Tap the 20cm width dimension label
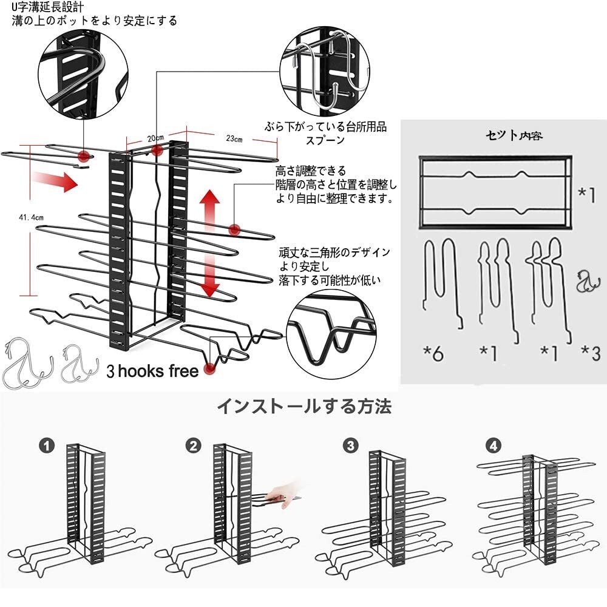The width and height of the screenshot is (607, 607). [155, 137]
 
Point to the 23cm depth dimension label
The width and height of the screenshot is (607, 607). [234, 139]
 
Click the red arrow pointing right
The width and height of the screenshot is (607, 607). [55, 180]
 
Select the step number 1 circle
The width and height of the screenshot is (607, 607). [48, 447]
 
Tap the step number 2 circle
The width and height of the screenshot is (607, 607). [194, 447]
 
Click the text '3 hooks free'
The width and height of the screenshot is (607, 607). [152, 370]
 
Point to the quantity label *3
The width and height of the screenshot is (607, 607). [590, 353]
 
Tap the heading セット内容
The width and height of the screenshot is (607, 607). [514, 135]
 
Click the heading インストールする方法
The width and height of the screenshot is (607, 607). [304, 406]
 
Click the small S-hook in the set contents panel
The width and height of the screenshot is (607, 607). [585, 282]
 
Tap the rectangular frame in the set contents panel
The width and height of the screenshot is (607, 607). [495, 191]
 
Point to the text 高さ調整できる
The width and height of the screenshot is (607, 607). [311, 170]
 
